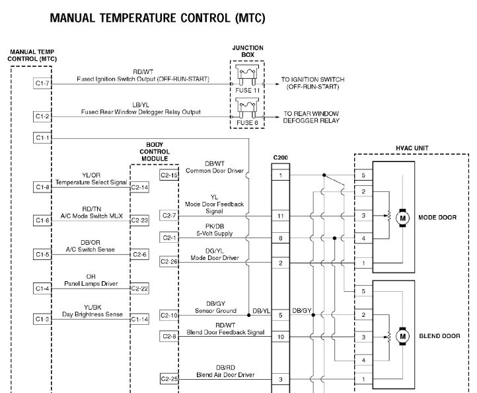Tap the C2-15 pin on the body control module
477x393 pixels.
(169, 175)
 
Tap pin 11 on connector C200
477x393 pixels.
(281, 216)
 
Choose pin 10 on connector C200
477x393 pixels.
(281, 337)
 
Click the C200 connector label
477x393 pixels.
(280, 158)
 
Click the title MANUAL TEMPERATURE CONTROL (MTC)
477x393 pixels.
(157, 19)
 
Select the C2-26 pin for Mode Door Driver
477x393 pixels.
(169, 262)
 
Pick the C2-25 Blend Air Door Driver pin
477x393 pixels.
(169, 379)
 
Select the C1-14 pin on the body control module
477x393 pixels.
(139, 319)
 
